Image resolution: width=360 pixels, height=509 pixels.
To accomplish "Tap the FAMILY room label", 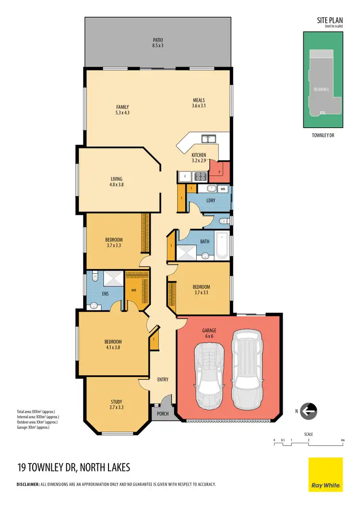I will (x=122, y=110).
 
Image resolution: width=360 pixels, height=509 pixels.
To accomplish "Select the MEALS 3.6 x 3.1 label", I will (x=199, y=103).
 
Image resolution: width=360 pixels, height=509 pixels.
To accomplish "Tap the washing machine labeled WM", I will (x=223, y=189).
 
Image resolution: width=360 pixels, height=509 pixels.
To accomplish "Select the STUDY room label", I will (x=116, y=404).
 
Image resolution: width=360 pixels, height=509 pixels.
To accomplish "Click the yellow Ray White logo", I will (x=325, y=474).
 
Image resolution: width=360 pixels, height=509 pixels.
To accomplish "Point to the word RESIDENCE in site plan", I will (x=322, y=89).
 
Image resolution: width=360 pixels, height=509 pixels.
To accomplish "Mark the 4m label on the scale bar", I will (x=342, y=439).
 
